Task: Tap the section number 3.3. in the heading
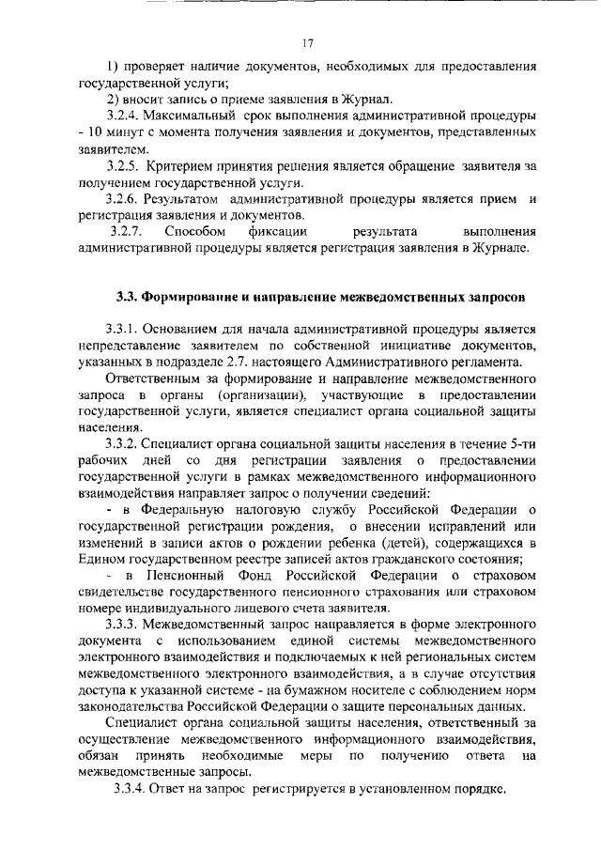pyautogui.click(x=128, y=298)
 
